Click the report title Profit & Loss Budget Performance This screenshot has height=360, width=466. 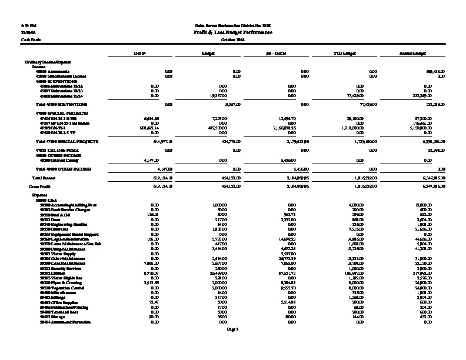click(x=233, y=33)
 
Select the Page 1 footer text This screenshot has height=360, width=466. click(x=233, y=329)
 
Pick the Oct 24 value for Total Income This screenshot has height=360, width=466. click(x=159, y=177)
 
